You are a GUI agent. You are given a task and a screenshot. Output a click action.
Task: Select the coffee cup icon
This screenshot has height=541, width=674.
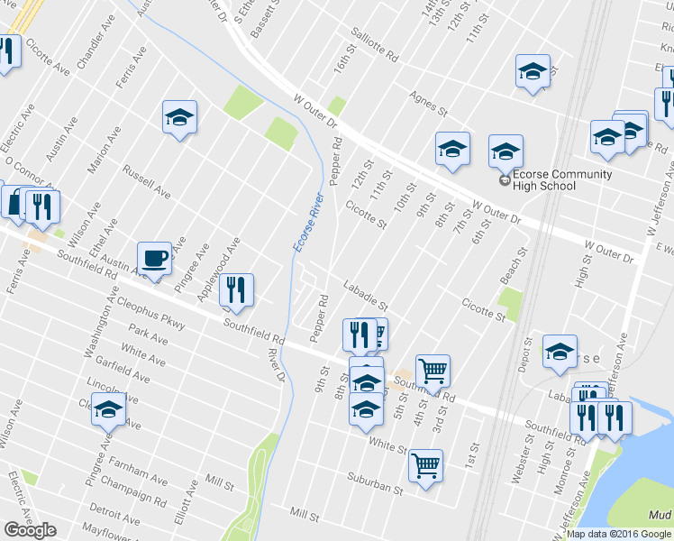pos(154,258)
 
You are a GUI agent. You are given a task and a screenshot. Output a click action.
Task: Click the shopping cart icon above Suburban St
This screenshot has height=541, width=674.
pos(425,465)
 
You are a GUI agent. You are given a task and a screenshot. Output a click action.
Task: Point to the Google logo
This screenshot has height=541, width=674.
pos(30,530)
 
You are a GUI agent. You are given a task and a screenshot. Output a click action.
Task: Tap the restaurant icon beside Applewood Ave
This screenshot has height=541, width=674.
pos(236,289)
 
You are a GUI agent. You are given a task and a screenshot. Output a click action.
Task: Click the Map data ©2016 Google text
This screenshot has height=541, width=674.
pos(619,534)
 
